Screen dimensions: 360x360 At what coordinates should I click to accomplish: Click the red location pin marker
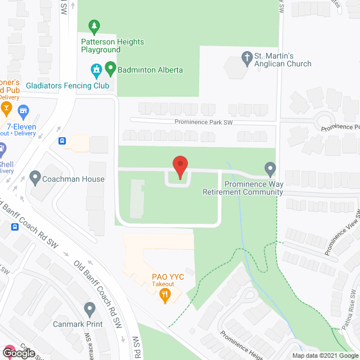point(180,167)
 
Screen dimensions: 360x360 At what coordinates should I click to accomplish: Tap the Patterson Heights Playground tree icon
point(94,26)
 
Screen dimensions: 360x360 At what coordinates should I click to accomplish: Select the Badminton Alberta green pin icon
point(110,70)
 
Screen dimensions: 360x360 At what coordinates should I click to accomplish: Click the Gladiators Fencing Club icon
point(96,70)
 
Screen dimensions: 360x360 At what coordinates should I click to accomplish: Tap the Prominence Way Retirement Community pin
point(270,168)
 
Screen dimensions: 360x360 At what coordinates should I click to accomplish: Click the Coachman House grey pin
point(35,179)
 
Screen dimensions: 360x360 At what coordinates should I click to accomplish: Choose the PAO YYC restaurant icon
point(165,297)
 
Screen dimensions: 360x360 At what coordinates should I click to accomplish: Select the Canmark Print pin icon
point(89,309)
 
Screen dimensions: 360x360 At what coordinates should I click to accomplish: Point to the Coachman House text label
point(74,179)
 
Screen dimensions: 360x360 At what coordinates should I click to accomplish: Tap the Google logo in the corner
point(18,353)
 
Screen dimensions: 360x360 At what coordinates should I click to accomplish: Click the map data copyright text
point(324,355)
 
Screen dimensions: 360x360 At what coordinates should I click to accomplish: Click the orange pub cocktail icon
point(7,107)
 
